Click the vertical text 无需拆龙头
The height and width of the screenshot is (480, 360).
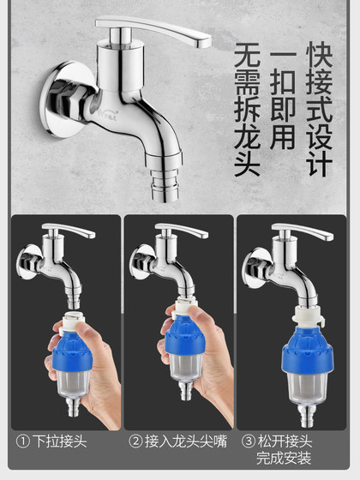(x=246, y=111)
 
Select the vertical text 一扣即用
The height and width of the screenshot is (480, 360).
(x=283, y=99)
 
